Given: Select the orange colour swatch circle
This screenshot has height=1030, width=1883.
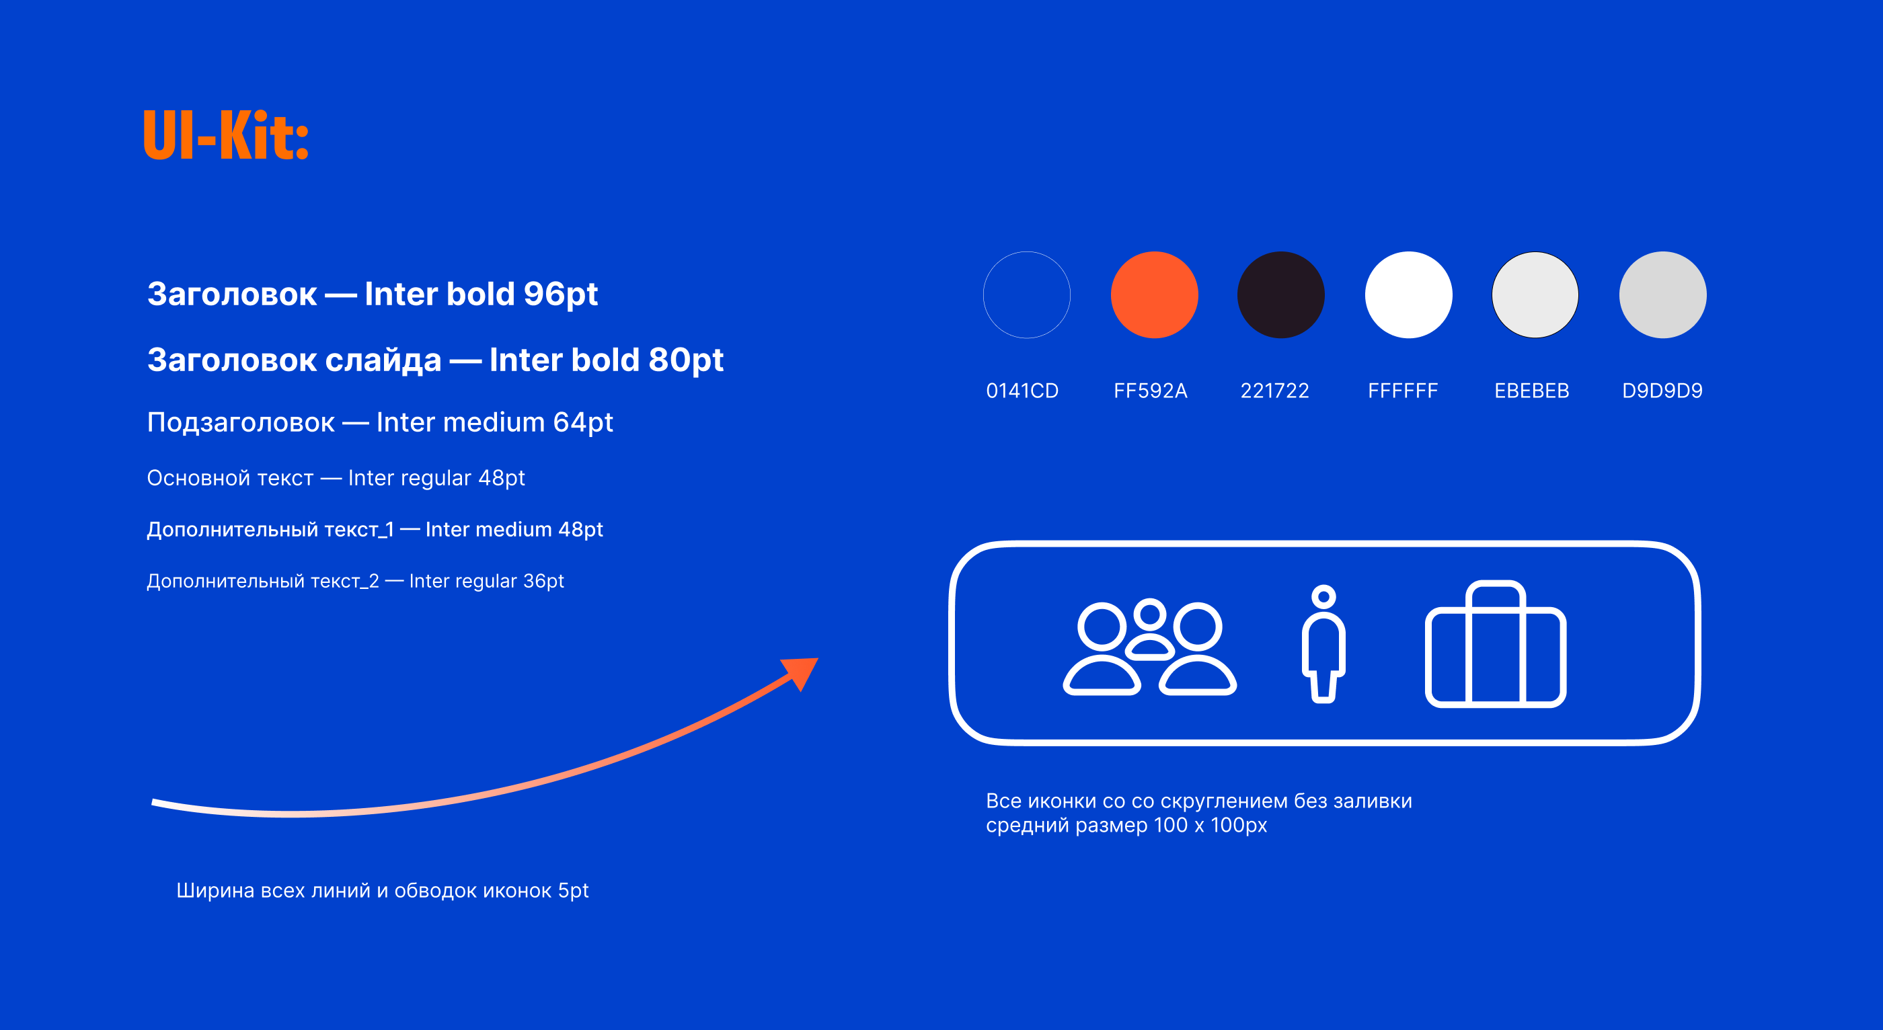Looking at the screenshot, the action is click(1154, 294).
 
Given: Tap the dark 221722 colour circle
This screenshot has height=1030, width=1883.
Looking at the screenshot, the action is click(1280, 294).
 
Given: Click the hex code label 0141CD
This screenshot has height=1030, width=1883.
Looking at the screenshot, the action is click(1022, 391).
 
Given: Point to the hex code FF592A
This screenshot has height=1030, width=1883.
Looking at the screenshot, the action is click(1151, 391).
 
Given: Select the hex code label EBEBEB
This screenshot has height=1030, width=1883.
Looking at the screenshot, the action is click(1531, 391).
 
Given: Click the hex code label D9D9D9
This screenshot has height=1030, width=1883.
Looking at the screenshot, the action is click(1662, 391).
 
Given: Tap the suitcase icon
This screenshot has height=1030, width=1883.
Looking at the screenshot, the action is click(1496, 644).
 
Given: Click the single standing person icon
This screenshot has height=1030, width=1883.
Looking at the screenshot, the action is click(1323, 644).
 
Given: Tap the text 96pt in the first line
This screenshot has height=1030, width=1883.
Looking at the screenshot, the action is click(561, 294).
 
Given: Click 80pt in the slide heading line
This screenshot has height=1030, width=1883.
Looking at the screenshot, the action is click(686, 360).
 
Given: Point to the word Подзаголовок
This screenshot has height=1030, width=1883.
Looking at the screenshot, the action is click(241, 422).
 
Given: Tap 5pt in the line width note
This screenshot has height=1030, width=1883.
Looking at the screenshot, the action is click(573, 891).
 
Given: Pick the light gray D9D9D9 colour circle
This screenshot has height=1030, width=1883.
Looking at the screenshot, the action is click(1663, 294).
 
